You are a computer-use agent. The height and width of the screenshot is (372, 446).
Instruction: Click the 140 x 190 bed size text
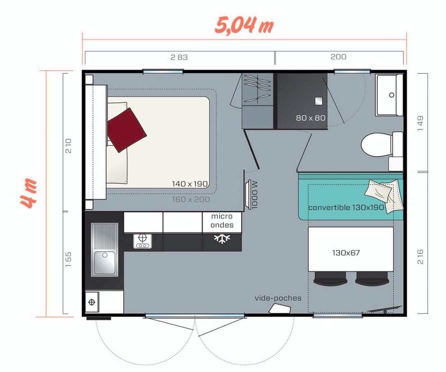point(189,184)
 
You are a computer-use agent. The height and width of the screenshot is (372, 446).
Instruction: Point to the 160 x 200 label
point(191,199)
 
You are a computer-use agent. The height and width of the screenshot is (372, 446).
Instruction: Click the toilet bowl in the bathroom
point(376,145)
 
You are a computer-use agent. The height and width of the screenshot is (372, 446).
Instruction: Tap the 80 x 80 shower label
point(311,118)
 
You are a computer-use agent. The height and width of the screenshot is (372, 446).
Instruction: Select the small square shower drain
point(319,101)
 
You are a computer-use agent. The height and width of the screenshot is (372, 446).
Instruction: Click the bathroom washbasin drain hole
point(392,95)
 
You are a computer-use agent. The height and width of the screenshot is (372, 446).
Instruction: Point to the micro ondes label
point(222,221)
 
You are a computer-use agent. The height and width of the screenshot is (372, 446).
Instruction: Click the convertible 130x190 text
point(346,207)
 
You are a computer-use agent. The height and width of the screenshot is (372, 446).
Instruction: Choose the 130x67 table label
point(346,253)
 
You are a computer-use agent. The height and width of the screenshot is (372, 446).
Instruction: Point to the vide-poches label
point(278,298)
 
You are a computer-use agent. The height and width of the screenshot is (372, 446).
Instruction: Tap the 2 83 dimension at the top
point(179,57)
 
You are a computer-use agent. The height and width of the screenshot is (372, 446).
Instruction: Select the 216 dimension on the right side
point(420,256)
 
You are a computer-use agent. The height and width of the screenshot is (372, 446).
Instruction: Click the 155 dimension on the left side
point(68,259)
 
